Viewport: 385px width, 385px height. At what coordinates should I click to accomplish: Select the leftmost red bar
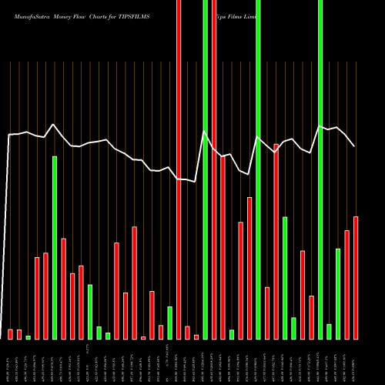tap(11, 334)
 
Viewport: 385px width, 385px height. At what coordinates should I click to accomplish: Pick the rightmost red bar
tap(356, 278)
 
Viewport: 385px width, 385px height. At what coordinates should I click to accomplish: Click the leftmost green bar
tap(28, 337)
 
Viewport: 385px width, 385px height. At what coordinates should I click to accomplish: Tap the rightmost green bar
tap(338, 293)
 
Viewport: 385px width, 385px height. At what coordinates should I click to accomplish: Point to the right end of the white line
tap(354, 146)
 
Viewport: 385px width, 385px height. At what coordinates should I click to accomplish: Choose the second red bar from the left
tap(19, 334)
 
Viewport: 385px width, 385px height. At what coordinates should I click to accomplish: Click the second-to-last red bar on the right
tap(346, 285)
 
